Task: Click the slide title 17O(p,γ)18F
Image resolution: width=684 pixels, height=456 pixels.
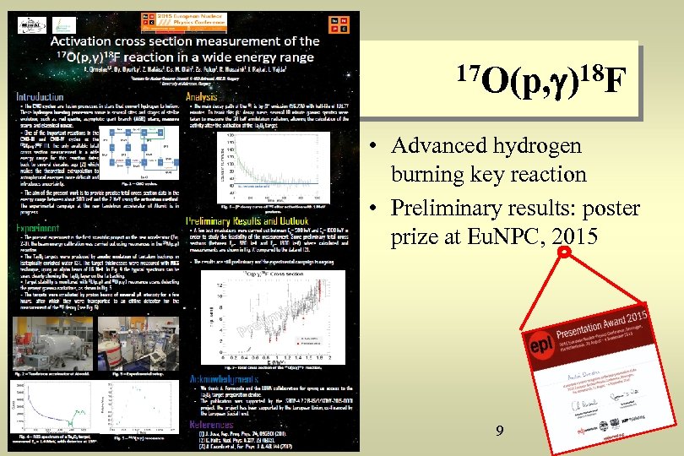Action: tap(545, 84)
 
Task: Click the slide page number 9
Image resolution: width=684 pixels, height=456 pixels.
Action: tap(500, 432)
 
